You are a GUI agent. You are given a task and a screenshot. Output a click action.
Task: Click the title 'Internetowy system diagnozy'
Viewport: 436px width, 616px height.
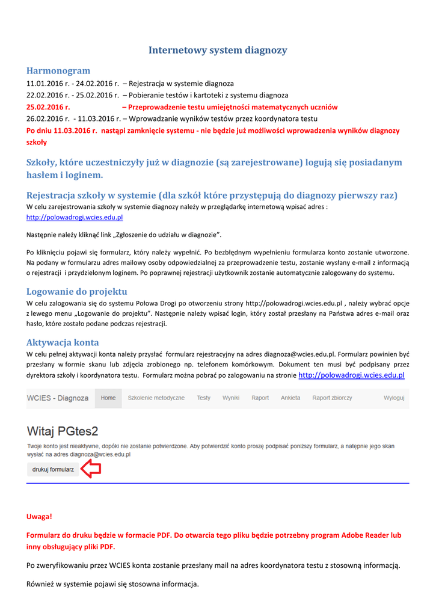[218, 51]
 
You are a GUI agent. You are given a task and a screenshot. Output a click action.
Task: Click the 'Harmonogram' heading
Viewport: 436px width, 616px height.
[58, 71]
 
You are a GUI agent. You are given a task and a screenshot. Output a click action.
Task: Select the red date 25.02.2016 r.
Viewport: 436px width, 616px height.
[49, 107]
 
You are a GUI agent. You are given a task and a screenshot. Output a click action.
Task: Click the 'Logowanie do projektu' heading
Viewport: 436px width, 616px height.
[77, 292]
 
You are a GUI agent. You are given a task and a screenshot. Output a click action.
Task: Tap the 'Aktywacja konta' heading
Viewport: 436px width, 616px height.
[63, 342]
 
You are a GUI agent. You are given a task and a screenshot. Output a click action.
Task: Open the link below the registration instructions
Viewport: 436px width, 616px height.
[75, 218]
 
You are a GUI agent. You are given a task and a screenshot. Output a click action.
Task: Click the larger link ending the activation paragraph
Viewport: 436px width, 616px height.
[351, 375]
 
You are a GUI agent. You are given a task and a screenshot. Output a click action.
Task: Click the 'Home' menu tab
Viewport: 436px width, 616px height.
[108, 398]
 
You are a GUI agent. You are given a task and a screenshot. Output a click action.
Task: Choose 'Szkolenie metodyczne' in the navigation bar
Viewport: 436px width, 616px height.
[156, 398]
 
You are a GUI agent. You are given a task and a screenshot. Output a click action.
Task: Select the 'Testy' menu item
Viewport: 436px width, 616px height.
[204, 398]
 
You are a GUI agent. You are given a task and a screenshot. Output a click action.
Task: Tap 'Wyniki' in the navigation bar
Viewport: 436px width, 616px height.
[231, 398]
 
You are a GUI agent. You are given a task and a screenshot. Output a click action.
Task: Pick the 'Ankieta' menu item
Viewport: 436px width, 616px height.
[290, 398]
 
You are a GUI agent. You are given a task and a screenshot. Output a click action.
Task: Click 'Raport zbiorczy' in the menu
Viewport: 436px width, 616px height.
[332, 398]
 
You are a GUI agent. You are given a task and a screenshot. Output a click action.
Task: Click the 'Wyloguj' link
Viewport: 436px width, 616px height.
[394, 398]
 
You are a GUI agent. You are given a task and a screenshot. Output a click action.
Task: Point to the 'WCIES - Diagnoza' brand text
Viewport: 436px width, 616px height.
[58, 398]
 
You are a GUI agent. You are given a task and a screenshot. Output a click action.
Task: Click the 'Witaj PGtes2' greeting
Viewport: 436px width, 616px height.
[63, 431]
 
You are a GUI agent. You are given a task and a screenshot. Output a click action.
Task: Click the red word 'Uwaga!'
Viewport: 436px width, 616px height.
[40, 517]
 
